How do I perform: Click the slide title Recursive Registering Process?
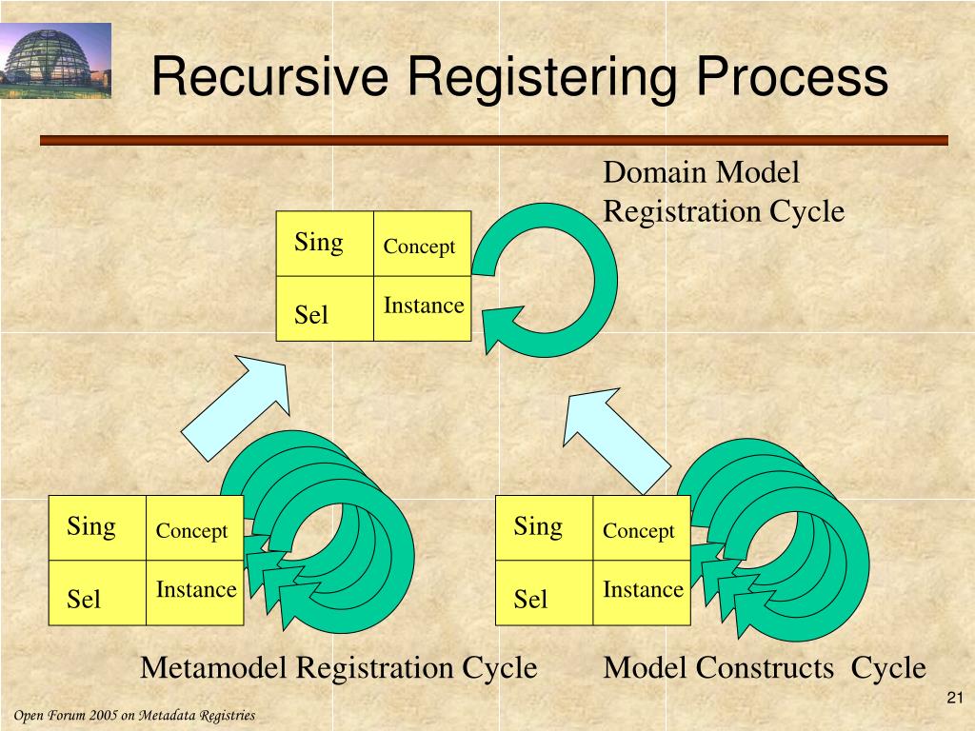520,77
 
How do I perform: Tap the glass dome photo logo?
55,62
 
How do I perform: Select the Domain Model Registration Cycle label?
724,191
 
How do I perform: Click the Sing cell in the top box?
325,244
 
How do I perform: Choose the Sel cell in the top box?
325,310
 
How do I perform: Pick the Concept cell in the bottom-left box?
193,530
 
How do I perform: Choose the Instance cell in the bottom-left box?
195,591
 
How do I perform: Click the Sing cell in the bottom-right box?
544,527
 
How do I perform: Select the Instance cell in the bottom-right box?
642,591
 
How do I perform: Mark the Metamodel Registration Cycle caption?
339,667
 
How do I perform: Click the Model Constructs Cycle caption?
765,667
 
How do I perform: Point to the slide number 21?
957,700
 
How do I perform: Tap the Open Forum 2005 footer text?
134,715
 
